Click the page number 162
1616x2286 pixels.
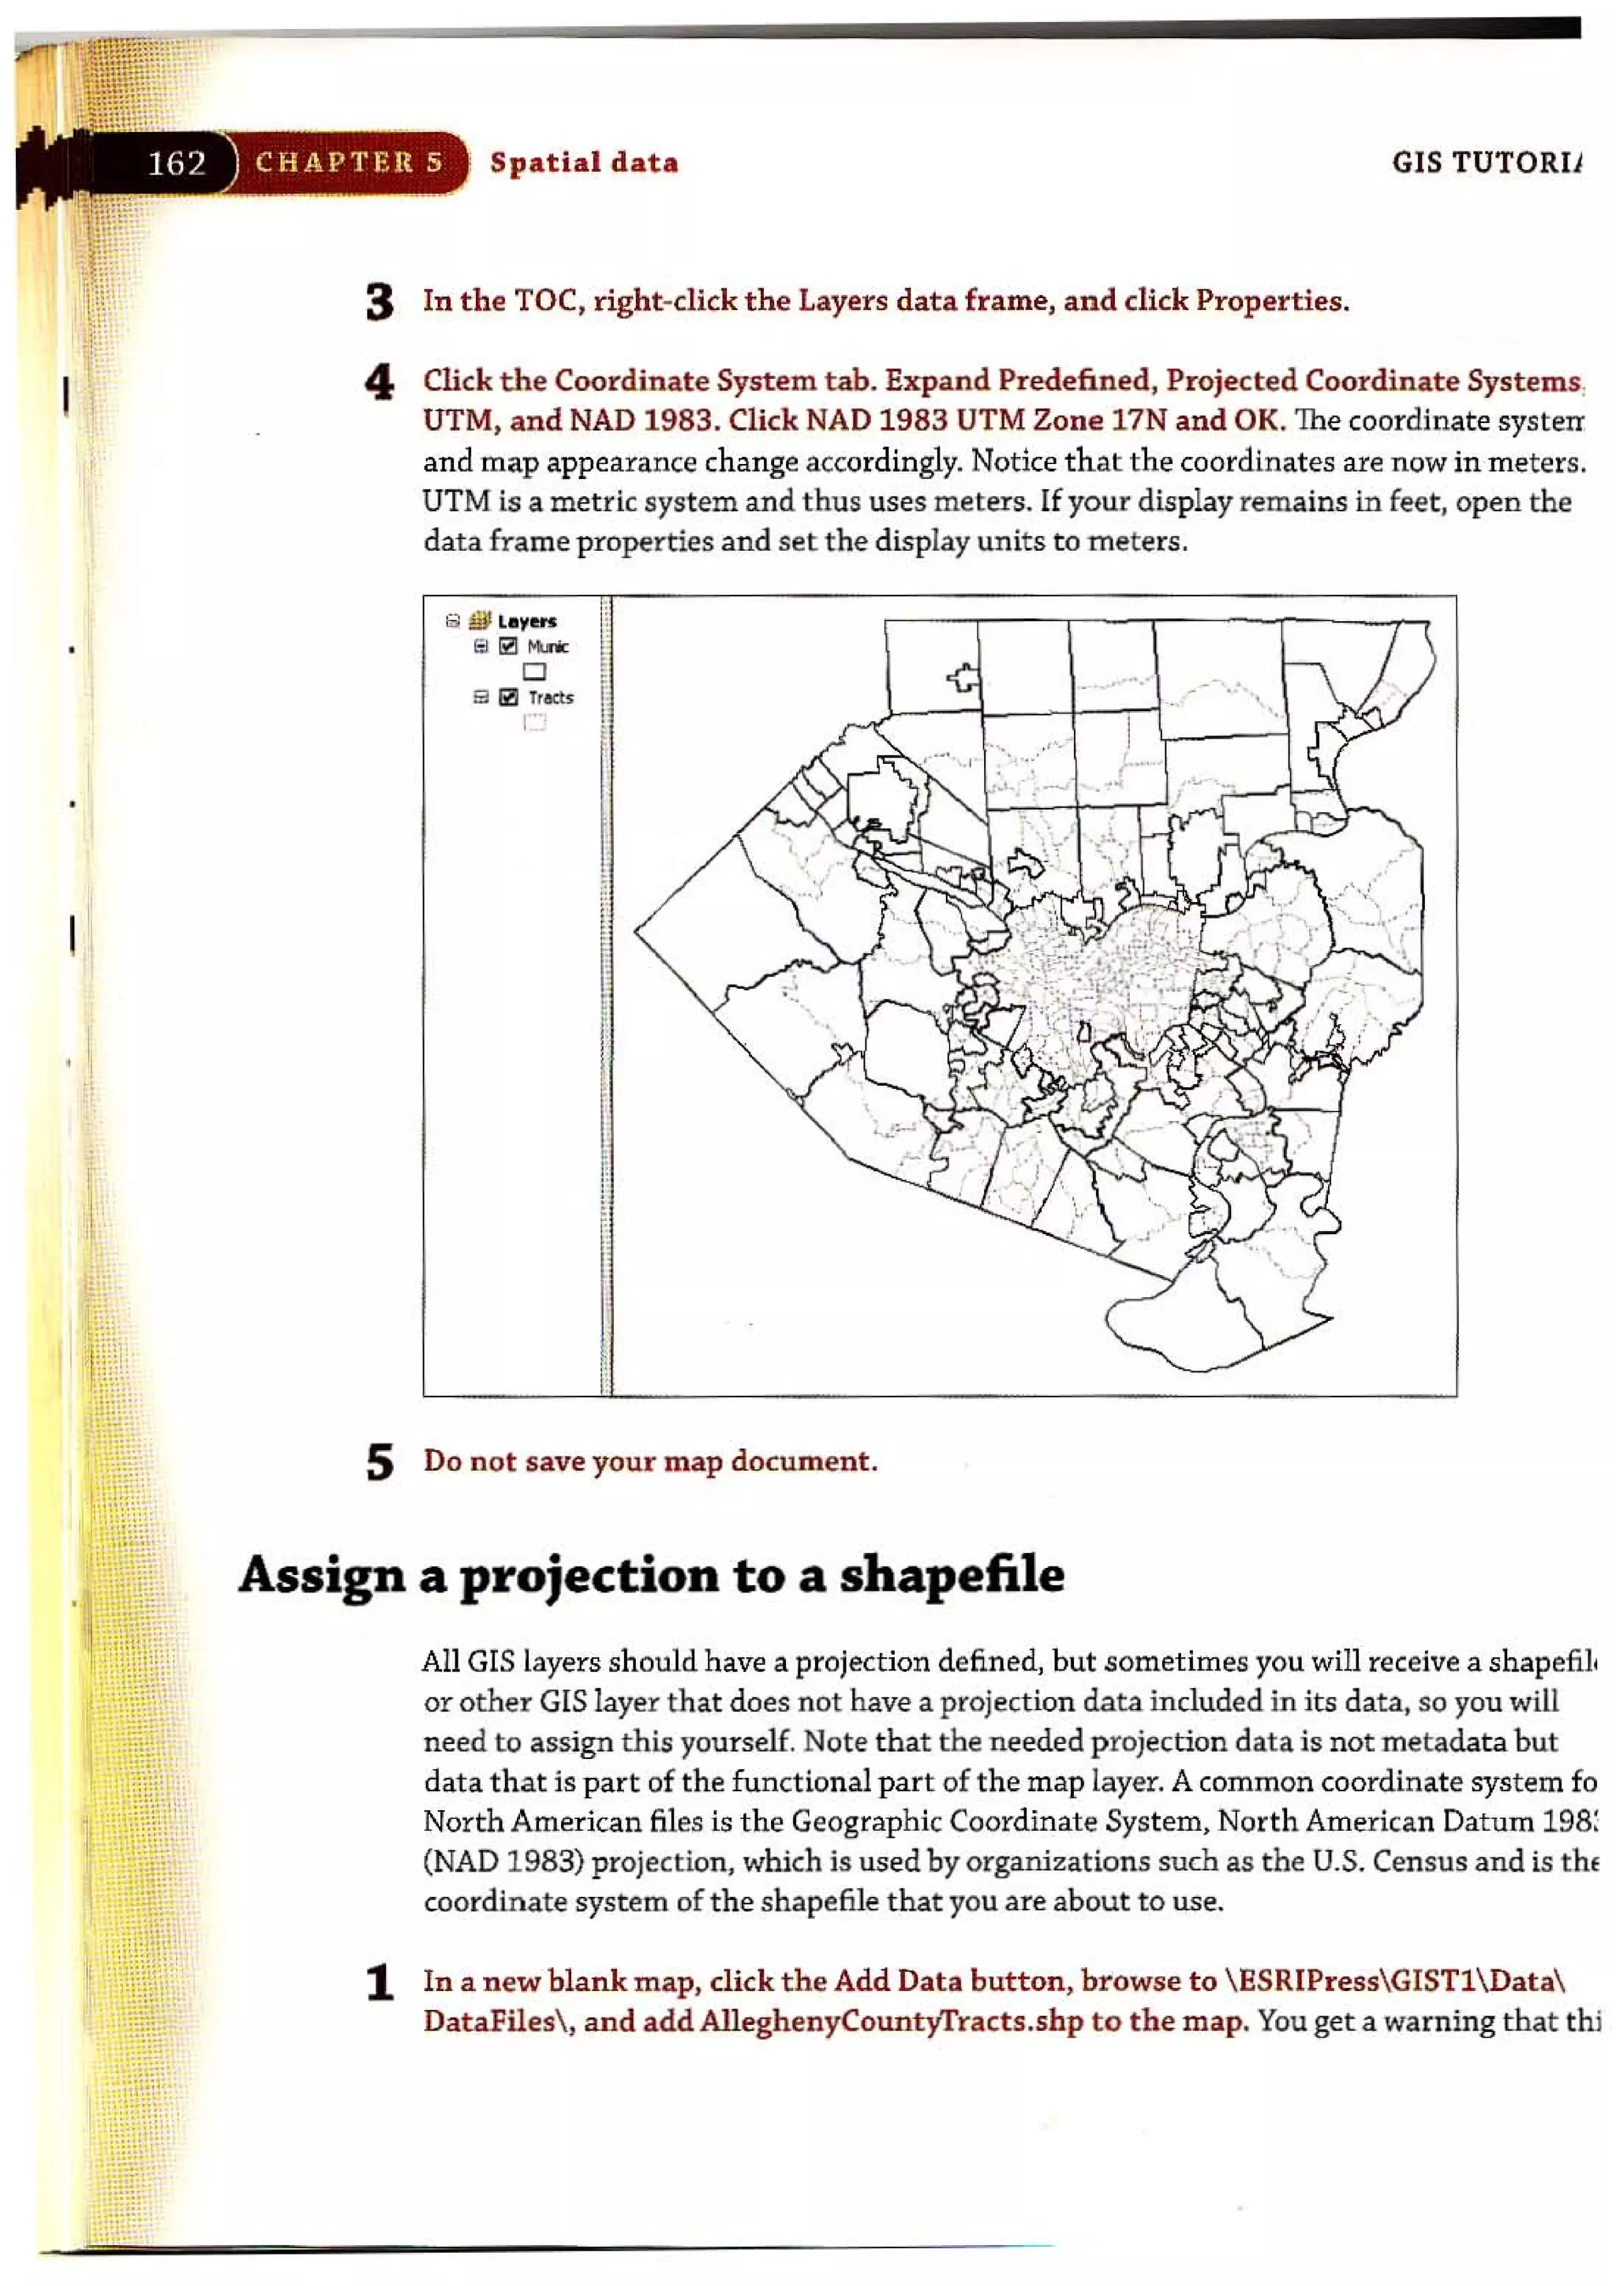[x=178, y=163]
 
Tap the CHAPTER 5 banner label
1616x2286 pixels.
[x=349, y=163]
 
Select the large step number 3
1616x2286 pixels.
[x=380, y=301]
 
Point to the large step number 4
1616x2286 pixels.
[x=380, y=383]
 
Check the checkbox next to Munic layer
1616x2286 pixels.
[x=509, y=646]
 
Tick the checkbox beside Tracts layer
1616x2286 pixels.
[x=509, y=697]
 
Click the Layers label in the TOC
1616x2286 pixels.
[x=527, y=621]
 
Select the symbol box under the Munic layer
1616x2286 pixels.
[x=535, y=672]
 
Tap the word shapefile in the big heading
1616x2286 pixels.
[x=952, y=1575]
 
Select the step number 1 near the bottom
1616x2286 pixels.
[x=380, y=1983]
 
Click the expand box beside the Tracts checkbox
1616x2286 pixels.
[x=481, y=697]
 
